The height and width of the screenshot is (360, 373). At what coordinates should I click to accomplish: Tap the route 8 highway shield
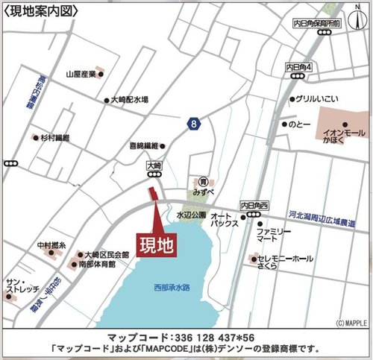point(193,124)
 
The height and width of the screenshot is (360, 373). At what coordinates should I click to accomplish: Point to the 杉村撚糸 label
point(55,139)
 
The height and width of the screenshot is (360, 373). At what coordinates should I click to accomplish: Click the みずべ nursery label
point(203,191)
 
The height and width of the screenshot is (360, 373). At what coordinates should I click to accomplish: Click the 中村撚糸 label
point(52,245)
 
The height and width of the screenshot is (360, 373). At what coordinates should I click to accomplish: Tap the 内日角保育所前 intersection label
point(317,23)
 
